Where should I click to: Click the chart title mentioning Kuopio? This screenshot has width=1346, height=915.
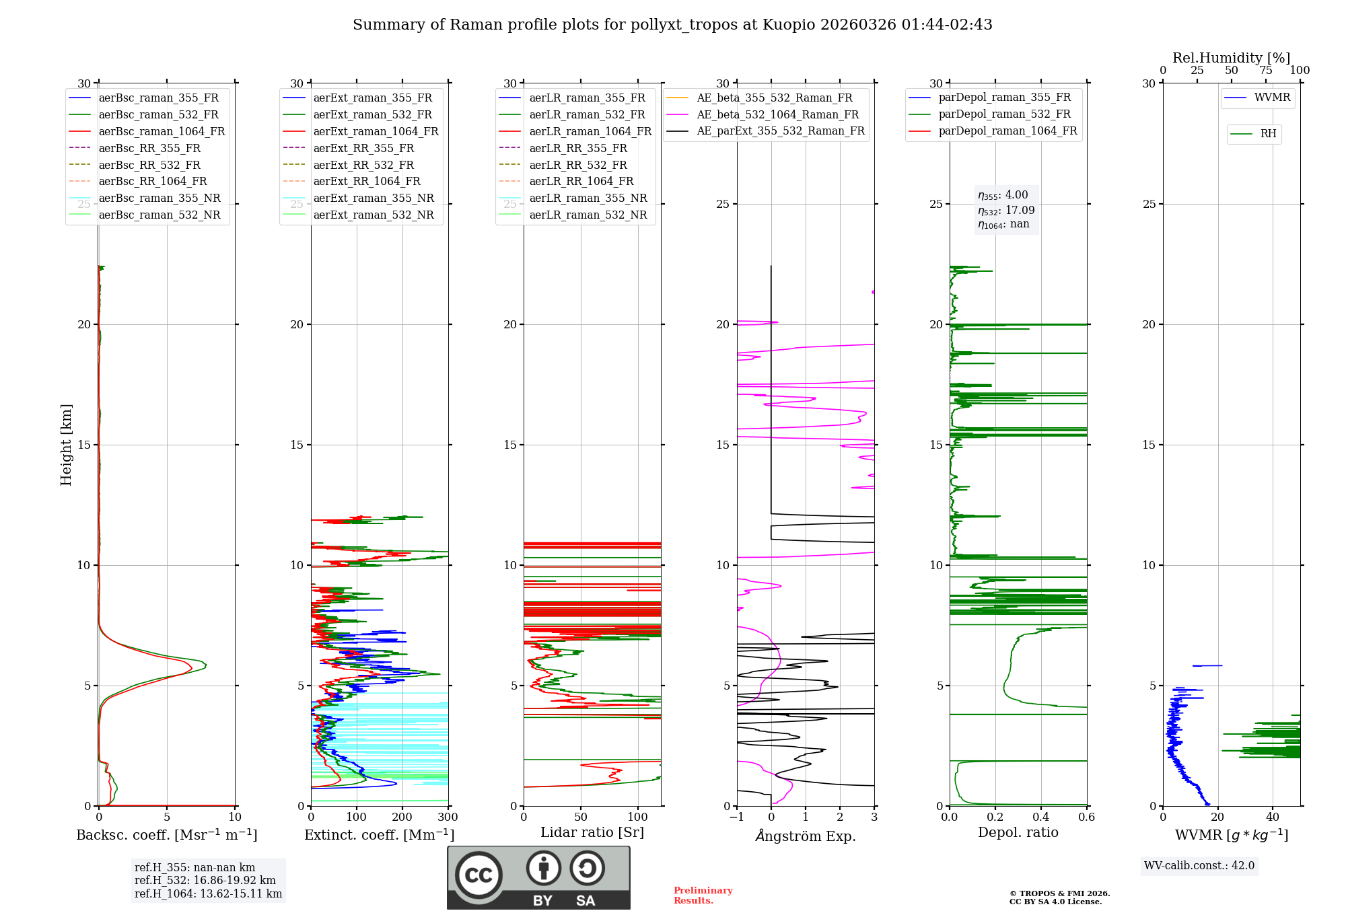point(672,25)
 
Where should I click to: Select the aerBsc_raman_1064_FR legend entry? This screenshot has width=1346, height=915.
point(147,131)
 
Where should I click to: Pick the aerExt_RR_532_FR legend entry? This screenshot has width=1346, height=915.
point(349,165)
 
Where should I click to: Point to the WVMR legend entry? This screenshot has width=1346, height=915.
point(1257,98)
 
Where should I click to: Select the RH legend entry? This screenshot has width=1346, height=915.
point(1253,134)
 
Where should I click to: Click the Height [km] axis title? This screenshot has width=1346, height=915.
point(66,445)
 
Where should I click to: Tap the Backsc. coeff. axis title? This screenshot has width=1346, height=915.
point(167,835)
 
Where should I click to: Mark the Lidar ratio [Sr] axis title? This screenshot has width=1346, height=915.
point(592,832)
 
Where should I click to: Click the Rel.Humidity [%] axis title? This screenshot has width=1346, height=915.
point(1232,58)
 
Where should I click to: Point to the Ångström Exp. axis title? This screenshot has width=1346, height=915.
point(806,836)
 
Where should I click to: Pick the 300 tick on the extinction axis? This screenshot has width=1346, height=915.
point(448,817)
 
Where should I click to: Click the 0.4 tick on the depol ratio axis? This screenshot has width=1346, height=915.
point(1041,817)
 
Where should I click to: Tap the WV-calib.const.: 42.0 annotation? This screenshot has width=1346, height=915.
point(1199,866)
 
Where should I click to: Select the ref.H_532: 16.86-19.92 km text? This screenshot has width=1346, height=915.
point(205,881)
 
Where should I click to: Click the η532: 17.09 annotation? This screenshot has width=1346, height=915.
point(1006,210)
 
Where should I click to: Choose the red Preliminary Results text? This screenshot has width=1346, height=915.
point(703,895)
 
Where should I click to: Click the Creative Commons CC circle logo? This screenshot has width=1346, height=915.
point(479,875)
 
